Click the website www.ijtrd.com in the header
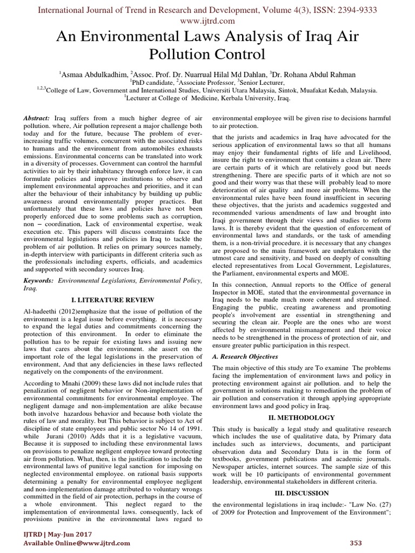click(207, 21)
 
